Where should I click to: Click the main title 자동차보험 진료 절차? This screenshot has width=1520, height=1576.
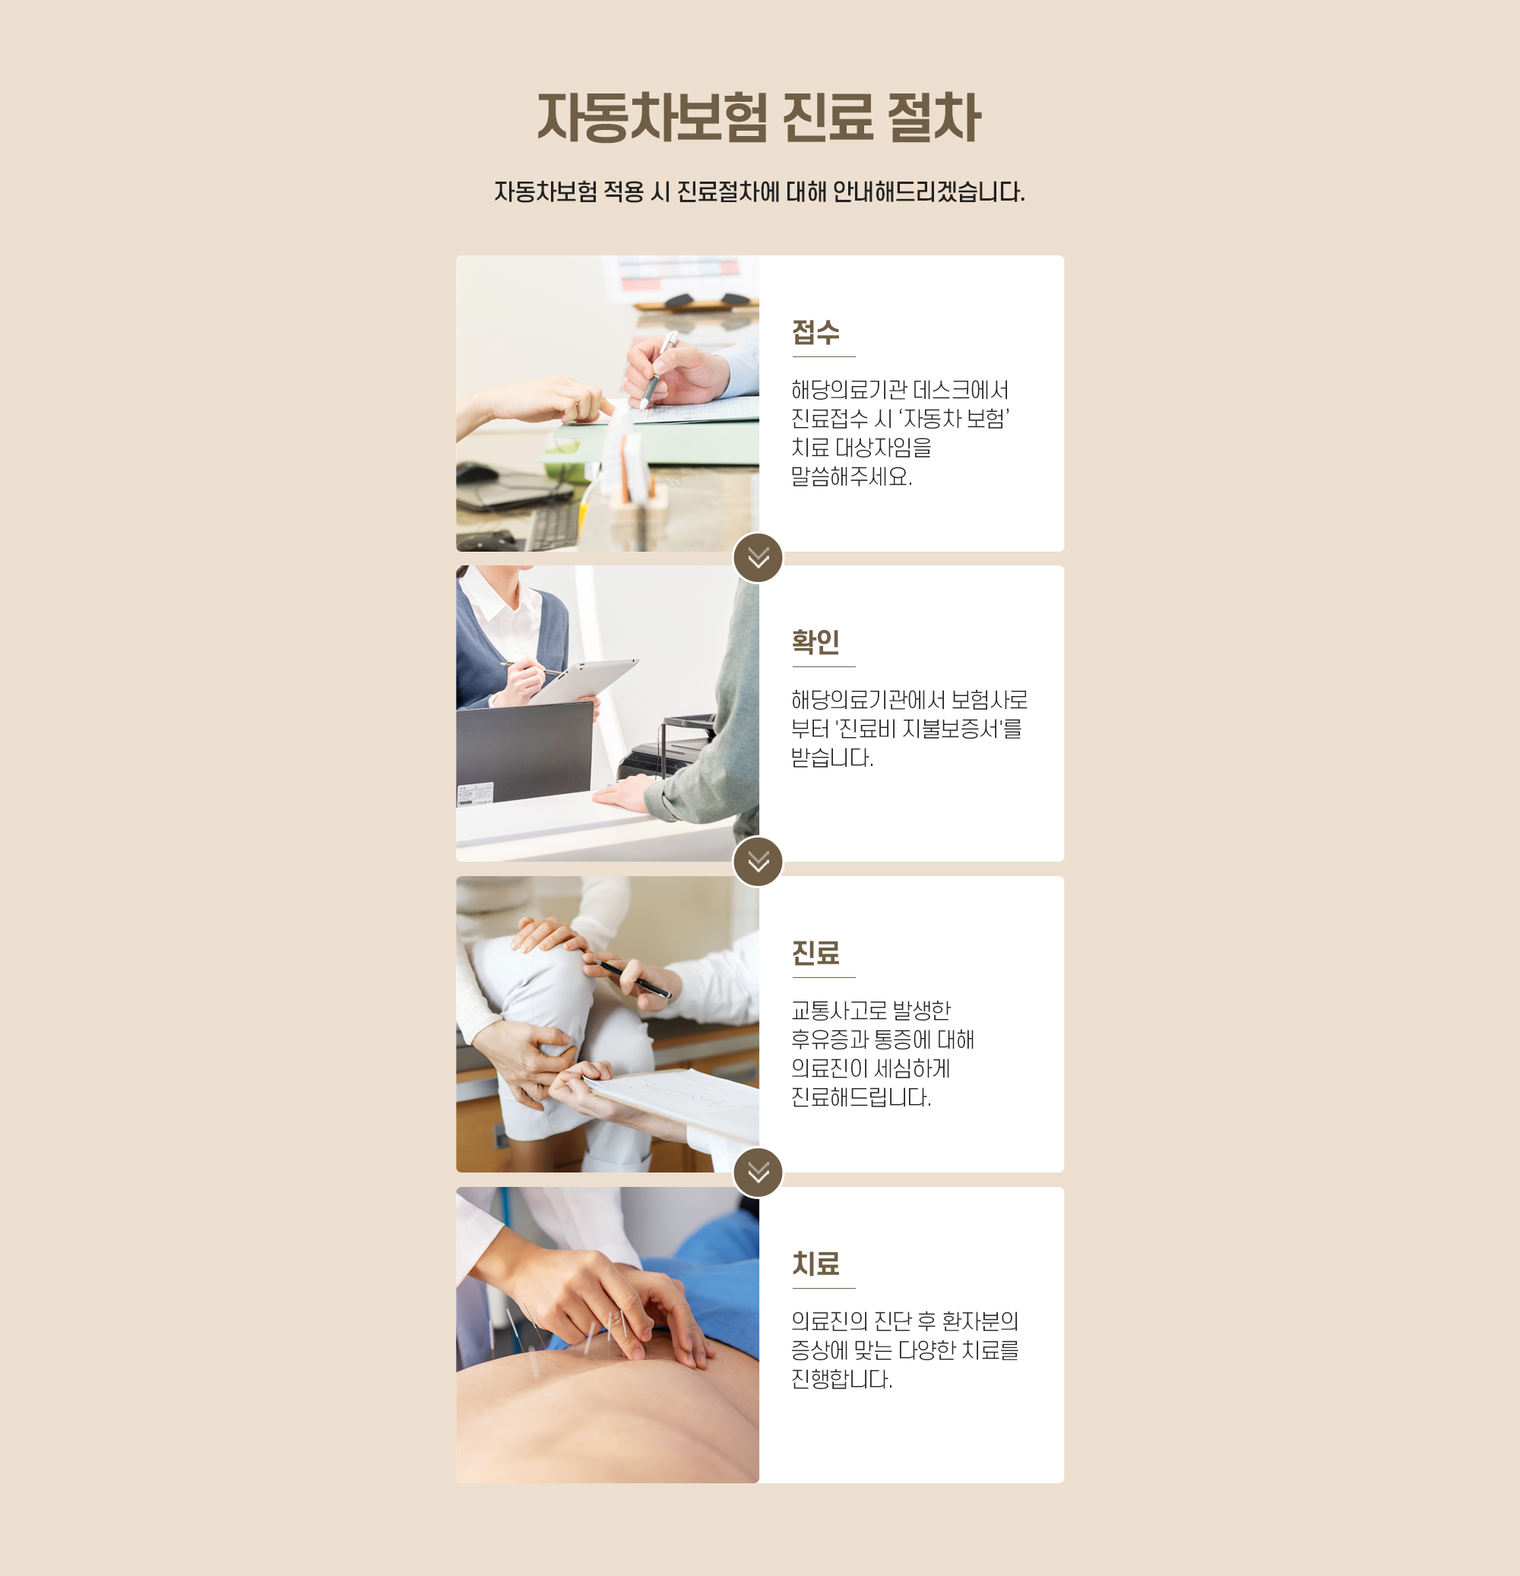pyautogui.click(x=759, y=117)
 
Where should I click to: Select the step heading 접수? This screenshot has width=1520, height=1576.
pyautogui.click(x=815, y=332)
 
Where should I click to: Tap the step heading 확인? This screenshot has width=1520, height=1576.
pyautogui.click(x=815, y=641)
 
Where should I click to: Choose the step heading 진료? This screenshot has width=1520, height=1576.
pyautogui.click(x=815, y=953)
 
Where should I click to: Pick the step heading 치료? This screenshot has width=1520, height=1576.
pyautogui.click(x=815, y=1263)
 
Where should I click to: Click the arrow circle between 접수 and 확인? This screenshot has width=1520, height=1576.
pyautogui.click(x=758, y=557)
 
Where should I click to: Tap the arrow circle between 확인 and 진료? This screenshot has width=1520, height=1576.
pyautogui.click(x=758, y=861)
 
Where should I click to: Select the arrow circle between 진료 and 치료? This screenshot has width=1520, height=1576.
pyautogui.click(x=758, y=1173)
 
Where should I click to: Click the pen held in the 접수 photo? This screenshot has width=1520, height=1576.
pyautogui.click(x=659, y=371)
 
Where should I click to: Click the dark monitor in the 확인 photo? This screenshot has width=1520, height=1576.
pyautogui.click(x=524, y=751)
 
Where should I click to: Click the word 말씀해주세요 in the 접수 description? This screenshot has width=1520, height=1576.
pyautogui.click(x=851, y=476)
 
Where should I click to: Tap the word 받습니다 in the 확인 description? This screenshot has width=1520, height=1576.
pyautogui.click(x=831, y=758)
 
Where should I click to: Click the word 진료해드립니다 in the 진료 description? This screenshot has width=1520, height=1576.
pyautogui.click(x=860, y=1097)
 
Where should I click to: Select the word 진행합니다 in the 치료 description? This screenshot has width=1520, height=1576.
pyautogui.click(x=841, y=1379)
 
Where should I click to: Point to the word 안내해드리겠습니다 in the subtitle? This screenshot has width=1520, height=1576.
pyautogui.click(x=928, y=192)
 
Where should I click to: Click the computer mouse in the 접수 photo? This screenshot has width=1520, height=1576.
pyautogui.click(x=478, y=473)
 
